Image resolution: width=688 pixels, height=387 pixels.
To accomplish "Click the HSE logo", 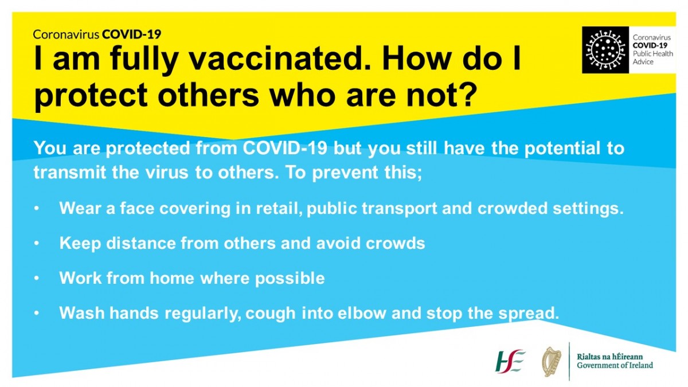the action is tap(510, 361).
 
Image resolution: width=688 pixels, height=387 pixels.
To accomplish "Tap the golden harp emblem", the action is tap(552, 362).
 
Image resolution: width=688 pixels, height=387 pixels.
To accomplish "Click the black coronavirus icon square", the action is tap(605, 50).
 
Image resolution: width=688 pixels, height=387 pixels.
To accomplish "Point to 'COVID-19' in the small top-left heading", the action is tap(132, 34).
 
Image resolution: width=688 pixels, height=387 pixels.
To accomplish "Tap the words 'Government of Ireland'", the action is tap(615, 365).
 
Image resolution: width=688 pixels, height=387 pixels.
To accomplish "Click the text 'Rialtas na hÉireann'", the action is tap(609, 357).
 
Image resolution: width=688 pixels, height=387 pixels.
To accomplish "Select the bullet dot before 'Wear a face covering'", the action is tap(37, 208).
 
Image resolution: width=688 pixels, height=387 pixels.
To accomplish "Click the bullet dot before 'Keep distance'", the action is tap(37, 243).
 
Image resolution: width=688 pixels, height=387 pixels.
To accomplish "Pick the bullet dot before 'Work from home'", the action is tap(37, 278).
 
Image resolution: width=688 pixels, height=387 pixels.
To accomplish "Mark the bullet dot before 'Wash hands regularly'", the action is tap(37, 313).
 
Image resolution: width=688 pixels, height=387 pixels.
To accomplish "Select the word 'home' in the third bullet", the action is tap(172, 278).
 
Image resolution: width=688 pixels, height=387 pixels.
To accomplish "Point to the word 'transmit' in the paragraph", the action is tap(70, 172).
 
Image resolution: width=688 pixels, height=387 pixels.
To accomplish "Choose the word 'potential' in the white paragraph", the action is tap(562, 148).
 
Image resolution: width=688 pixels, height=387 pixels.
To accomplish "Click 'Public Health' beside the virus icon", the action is tap(652, 54).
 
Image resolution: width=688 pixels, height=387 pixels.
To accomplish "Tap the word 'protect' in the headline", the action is tap(91, 95).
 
